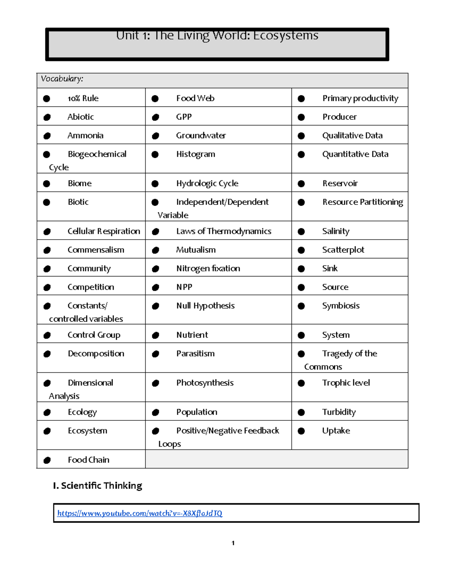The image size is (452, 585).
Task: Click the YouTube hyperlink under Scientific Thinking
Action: click(x=140, y=513)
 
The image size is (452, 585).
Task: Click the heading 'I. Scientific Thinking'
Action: click(x=98, y=486)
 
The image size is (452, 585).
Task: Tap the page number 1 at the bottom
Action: click(x=233, y=543)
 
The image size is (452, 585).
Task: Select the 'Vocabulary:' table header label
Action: click(x=62, y=79)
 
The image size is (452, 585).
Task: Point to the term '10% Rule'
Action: click(x=83, y=98)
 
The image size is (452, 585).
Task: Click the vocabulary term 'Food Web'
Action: click(x=195, y=98)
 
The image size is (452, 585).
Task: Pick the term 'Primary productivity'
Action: click(x=360, y=98)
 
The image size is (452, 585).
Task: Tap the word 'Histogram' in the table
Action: click(x=195, y=154)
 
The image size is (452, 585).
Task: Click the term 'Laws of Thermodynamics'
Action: click(x=224, y=231)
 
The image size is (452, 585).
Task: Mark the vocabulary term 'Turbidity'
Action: click(x=339, y=412)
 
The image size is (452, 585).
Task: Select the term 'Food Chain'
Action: click(x=89, y=460)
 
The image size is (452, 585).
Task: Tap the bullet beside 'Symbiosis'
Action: click(x=301, y=306)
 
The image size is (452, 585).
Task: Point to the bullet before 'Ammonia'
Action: click(x=47, y=136)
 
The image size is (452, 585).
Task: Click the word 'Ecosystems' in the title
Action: click(x=286, y=35)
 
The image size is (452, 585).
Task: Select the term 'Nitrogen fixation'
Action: click(x=208, y=269)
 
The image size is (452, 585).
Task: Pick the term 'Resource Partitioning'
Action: click(x=362, y=202)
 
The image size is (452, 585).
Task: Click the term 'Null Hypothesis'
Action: click(x=205, y=306)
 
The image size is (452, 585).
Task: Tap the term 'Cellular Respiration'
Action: click(x=104, y=231)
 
